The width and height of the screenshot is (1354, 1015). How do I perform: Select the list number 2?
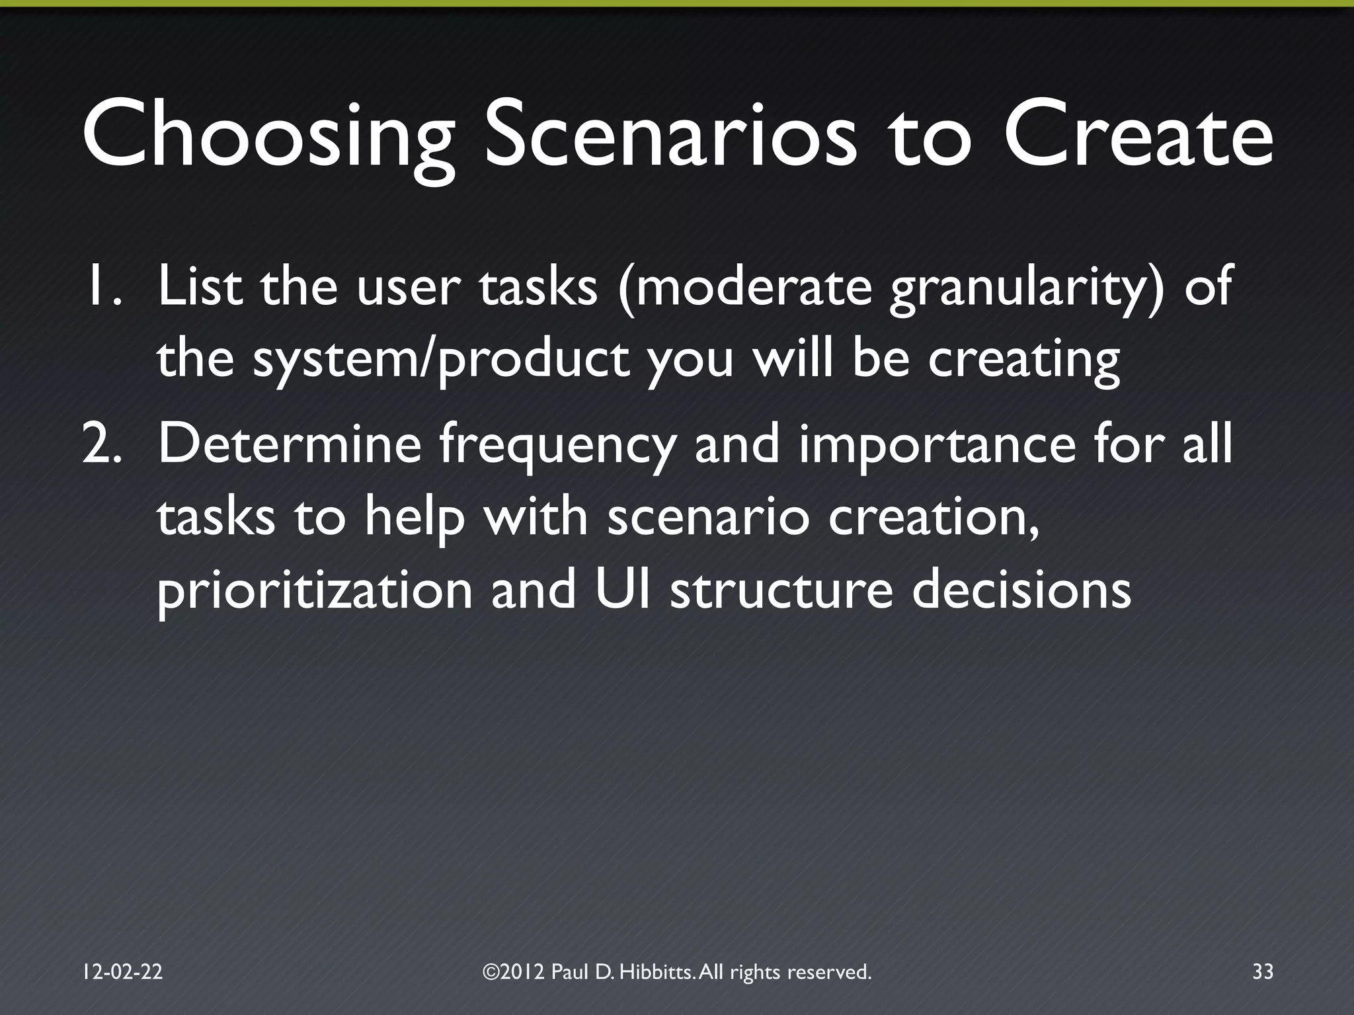101,444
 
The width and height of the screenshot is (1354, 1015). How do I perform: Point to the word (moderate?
744,290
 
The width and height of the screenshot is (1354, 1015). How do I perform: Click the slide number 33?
1262,972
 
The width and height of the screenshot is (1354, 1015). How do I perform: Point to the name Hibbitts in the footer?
657,972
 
